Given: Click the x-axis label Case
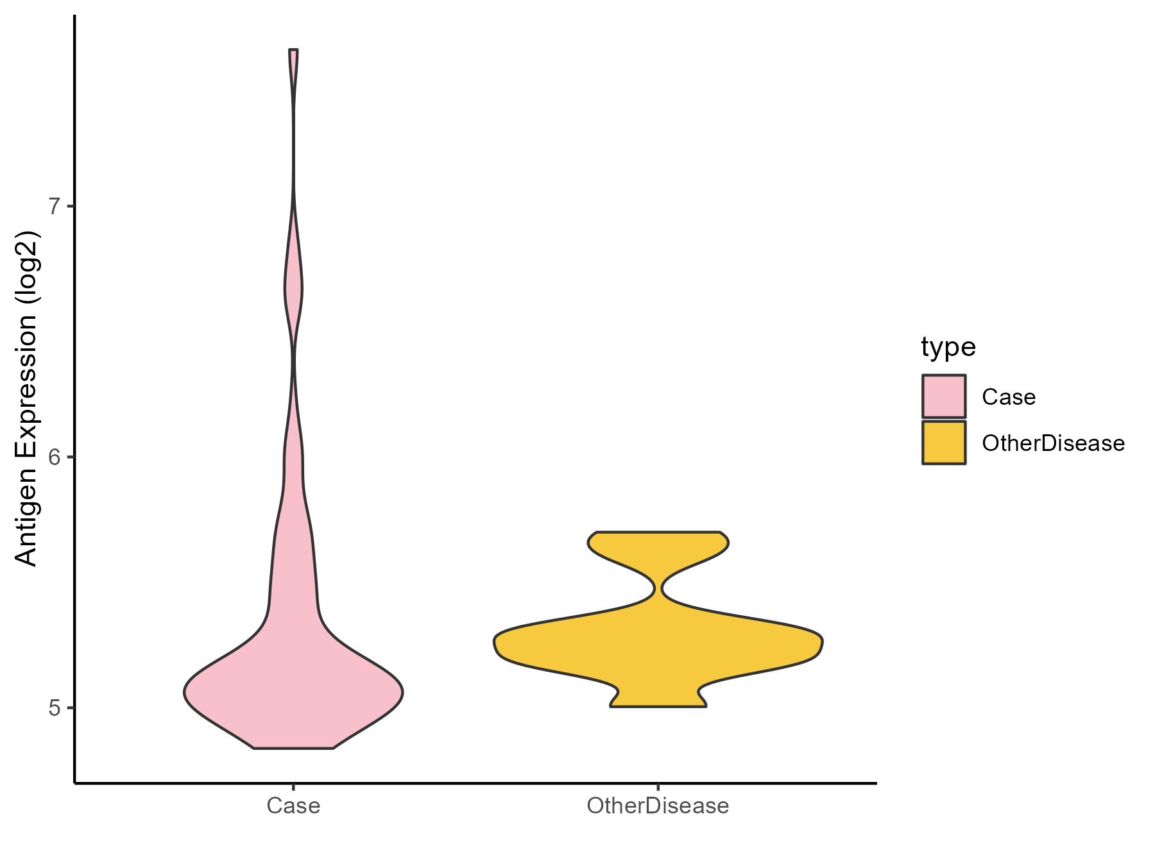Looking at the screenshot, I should pos(293,806).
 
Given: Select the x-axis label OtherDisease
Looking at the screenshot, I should pos(658,806).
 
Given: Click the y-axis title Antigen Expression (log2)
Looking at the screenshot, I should pos(27,398).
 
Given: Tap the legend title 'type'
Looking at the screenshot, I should pos(948,347).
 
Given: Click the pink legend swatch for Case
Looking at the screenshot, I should pos(944,396).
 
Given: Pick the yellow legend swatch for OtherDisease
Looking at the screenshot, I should pos(944,443).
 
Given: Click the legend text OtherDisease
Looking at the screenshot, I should pos(1053,443).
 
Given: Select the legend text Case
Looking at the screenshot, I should pos(1008,397).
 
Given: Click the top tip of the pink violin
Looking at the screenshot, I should pos(293,49).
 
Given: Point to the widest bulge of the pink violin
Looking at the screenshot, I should pos(293,692).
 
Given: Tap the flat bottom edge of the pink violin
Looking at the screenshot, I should pos(293,748).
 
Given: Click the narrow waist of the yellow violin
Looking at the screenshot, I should pos(658,588).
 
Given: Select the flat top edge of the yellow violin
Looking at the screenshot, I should pos(658,532).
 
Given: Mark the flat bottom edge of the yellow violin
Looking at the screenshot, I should pos(658,706).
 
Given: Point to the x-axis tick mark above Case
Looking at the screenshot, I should pos(293,786).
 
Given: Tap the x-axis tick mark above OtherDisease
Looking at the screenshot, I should pos(658,786).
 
